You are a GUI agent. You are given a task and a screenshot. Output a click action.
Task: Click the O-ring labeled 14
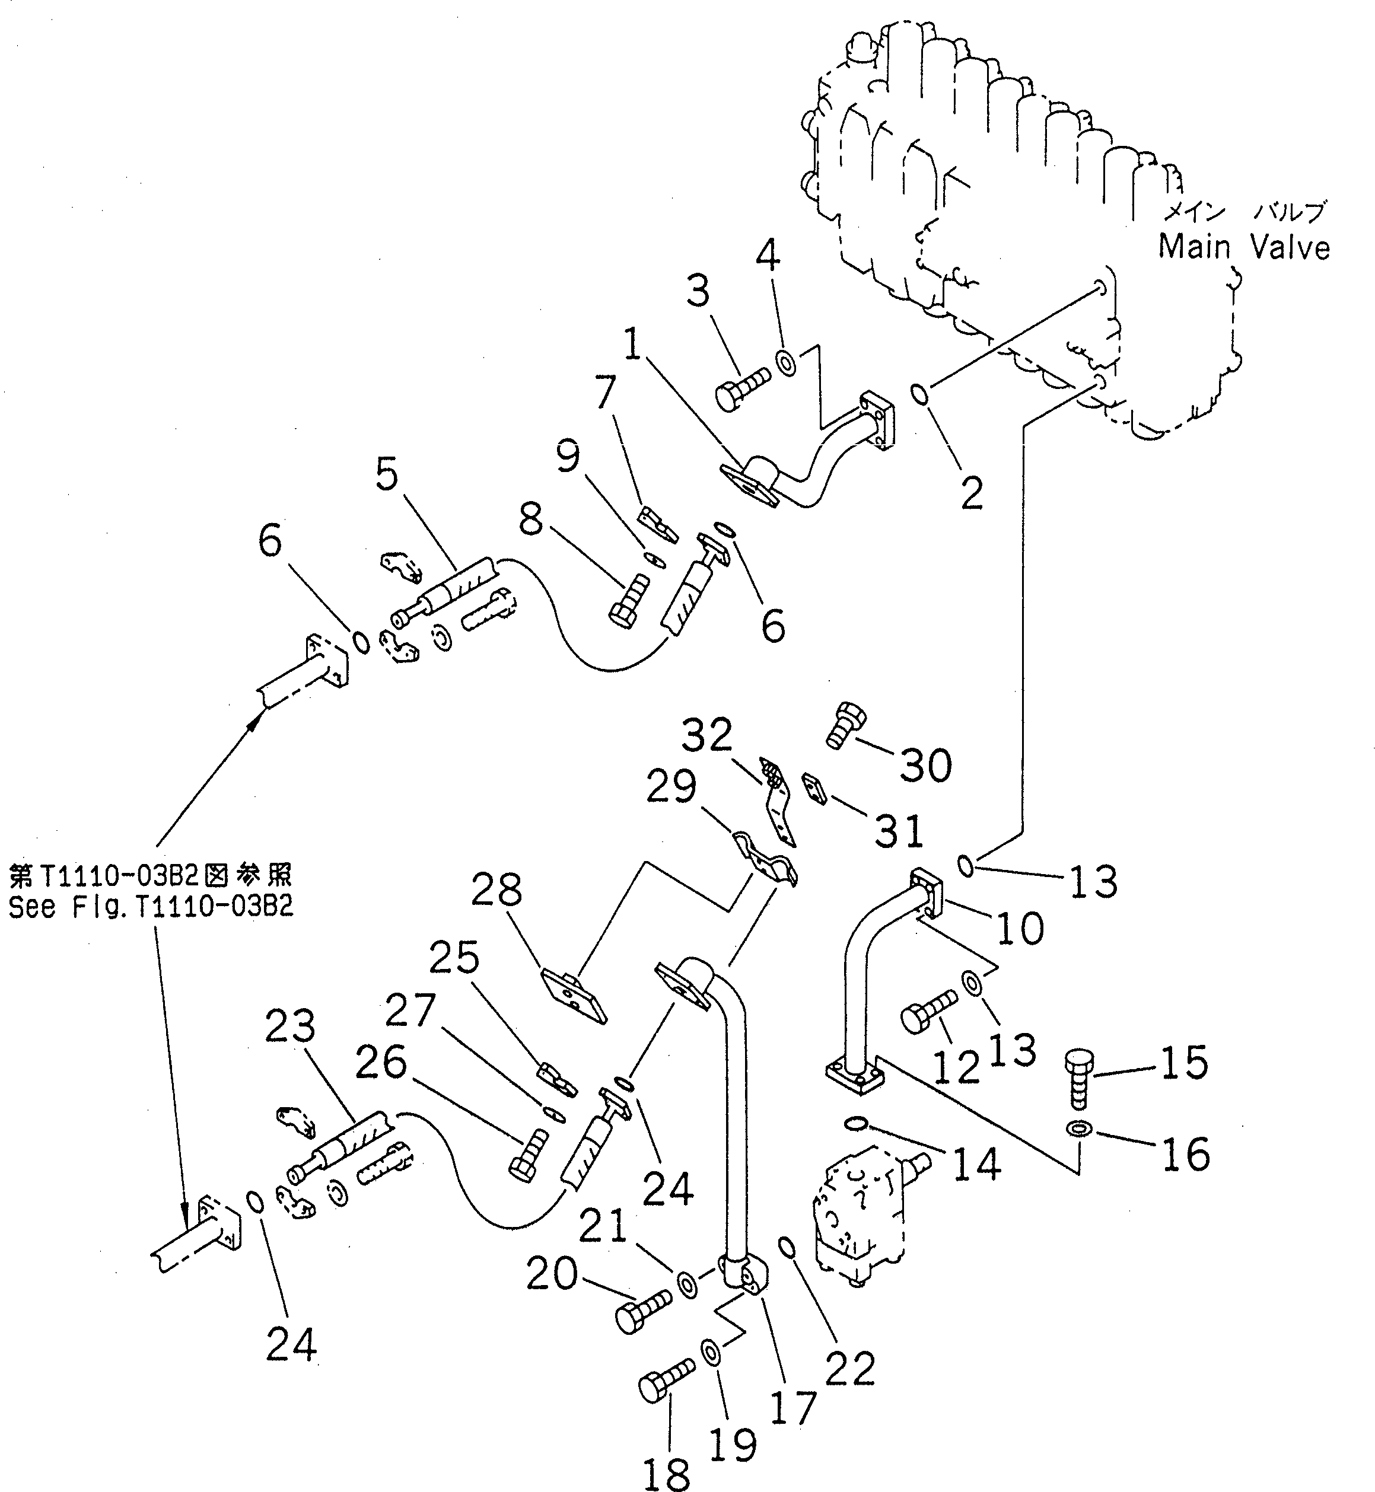(855, 1121)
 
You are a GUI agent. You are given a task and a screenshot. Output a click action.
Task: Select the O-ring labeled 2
(921, 394)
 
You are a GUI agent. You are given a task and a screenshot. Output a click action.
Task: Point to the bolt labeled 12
(927, 1012)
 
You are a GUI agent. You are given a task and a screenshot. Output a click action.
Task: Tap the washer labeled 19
(708, 1350)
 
